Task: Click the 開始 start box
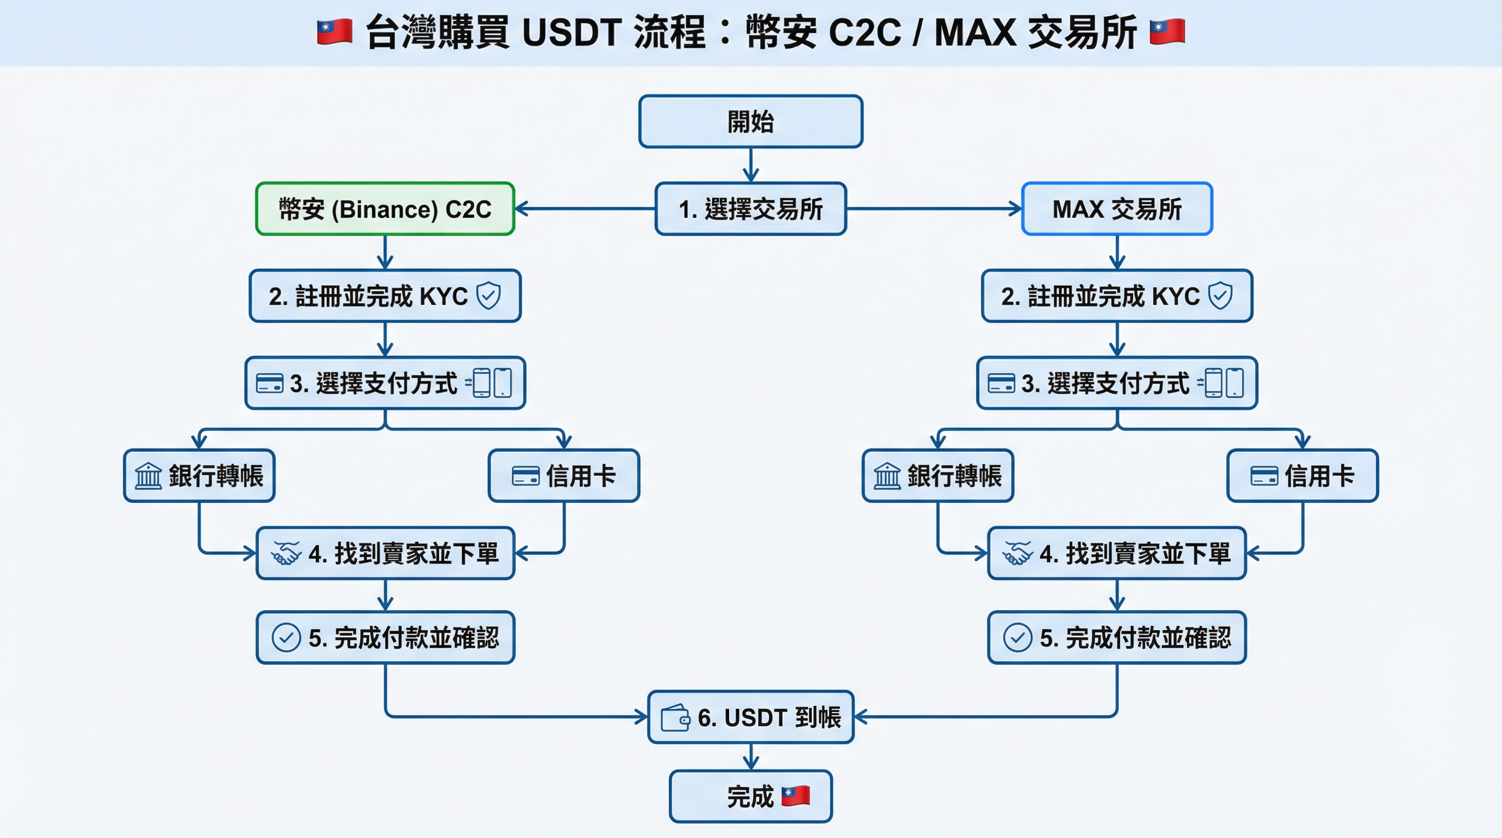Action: point(750,121)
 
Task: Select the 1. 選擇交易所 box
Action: point(750,208)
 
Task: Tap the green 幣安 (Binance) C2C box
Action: point(385,208)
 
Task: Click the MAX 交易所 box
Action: point(1117,208)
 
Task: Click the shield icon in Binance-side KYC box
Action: point(488,296)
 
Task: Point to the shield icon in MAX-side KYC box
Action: point(1220,296)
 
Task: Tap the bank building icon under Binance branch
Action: point(148,476)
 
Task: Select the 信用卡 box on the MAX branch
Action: point(1302,476)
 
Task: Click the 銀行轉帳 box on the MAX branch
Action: point(938,476)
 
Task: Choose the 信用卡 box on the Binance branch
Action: point(564,476)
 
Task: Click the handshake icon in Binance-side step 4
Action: point(285,553)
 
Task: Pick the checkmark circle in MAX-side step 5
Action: point(1017,638)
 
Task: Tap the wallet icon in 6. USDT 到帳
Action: point(675,717)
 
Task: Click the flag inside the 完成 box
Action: point(795,795)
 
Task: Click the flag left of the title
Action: point(334,32)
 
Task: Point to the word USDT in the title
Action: point(571,32)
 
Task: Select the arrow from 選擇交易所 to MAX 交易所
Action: point(933,208)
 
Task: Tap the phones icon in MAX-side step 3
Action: point(1223,383)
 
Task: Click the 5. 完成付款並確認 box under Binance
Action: point(385,638)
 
